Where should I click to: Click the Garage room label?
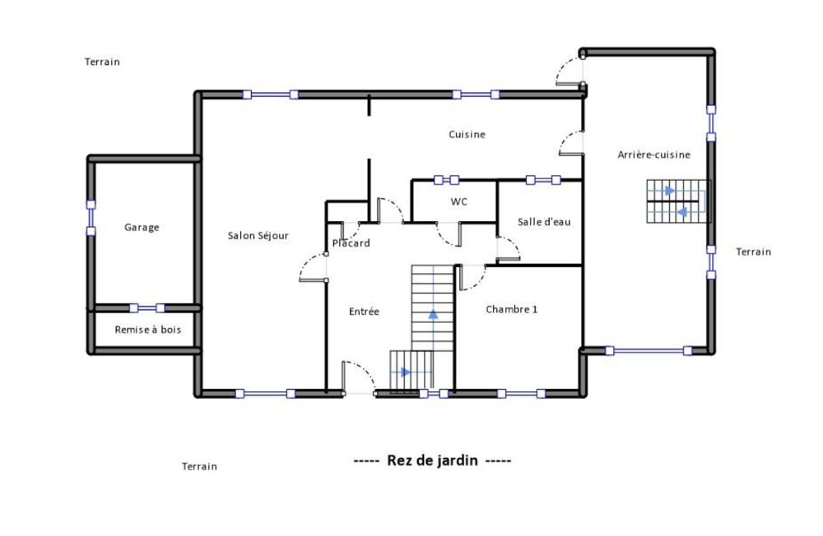pyautogui.click(x=142, y=228)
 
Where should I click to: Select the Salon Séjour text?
pyautogui.click(x=258, y=236)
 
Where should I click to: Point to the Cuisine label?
pyautogui.click(x=467, y=135)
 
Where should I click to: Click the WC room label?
pyautogui.click(x=458, y=201)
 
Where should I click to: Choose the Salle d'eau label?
pyautogui.click(x=543, y=222)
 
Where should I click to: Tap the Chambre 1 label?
pyautogui.click(x=511, y=310)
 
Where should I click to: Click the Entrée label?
pyautogui.click(x=364, y=312)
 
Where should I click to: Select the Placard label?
pyautogui.click(x=351, y=243)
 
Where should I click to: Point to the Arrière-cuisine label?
pyautogui.click(x=653, y=155)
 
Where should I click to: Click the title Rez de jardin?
pyautogui.click(x=432, y=460)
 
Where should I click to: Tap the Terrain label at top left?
pyautogui.click(x=102, y=62)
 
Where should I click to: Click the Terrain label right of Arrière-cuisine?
pyautogui.click(x=753, y=252)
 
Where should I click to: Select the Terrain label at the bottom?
pyautogui.click(x=199, y=466)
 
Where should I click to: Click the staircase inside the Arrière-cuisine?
pyautogui.click(x=677, y=201)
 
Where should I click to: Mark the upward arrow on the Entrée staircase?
pyautogui.click(x=433, y=317)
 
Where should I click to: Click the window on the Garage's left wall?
pyautogui.click(x=91, y=218)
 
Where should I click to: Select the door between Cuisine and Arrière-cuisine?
pyautogui.click(x=570, y=145)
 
